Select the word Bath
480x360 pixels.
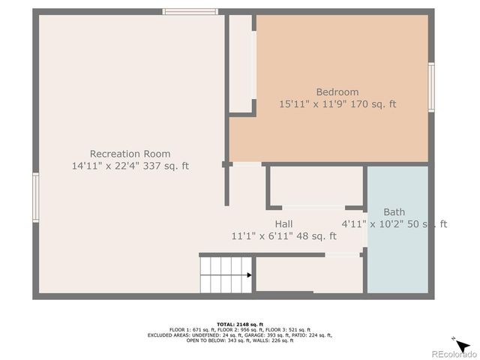(394, 212)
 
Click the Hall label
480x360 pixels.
(283, 224)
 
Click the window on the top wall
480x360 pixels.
(190, 11)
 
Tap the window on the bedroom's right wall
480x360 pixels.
(431, 87)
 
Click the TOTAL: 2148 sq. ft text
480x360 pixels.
(239, 323)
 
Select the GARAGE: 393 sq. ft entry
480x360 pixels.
(266, 334)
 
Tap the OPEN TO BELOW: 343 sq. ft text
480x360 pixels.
(216, 340)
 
